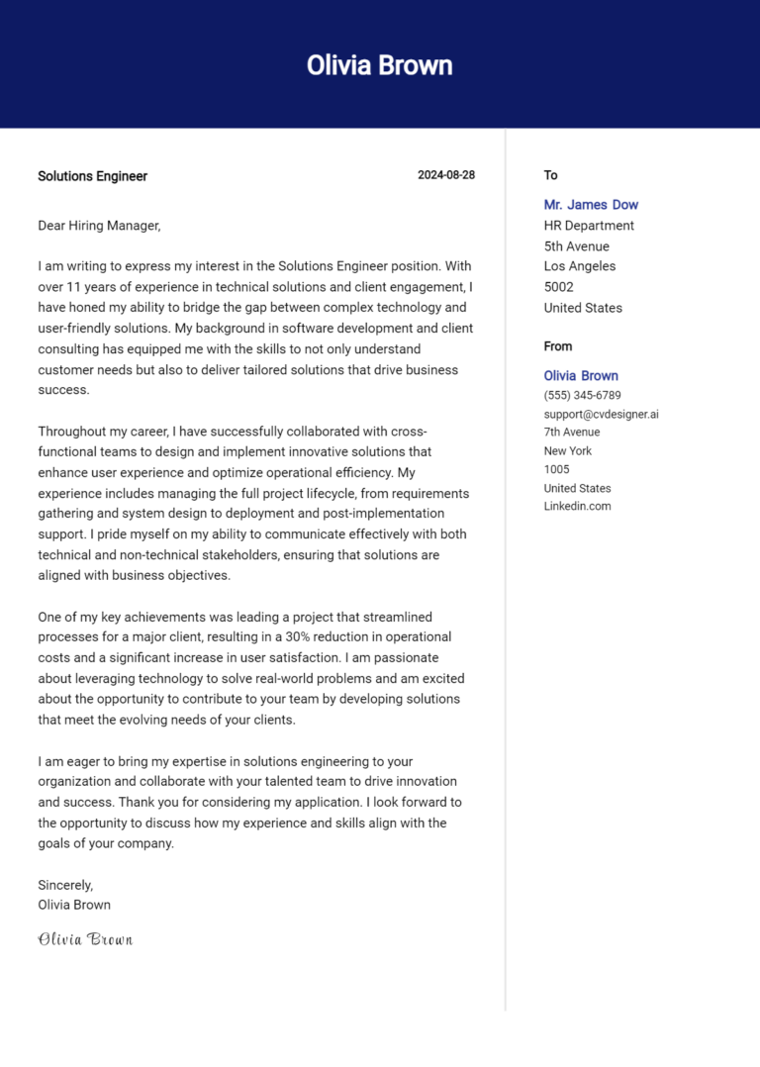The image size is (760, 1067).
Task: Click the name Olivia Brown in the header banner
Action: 379,65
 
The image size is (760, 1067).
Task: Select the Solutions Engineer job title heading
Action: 92,176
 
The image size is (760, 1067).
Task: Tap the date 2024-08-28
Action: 445,175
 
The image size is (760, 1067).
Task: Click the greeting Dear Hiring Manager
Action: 99,226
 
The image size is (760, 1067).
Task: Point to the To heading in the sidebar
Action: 550,175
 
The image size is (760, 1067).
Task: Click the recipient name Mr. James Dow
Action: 591,205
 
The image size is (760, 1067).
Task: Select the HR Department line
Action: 589,226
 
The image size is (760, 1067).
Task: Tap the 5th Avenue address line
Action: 576,246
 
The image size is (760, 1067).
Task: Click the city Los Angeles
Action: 579,266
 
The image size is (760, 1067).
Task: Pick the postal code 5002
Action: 559,287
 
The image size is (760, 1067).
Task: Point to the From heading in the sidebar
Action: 558,346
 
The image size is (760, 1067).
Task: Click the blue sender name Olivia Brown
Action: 581,376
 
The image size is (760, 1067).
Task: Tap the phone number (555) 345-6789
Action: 582,395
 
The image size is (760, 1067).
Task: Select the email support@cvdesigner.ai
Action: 601,414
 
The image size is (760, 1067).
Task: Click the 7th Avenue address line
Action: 571,433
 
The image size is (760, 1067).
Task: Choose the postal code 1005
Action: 557,469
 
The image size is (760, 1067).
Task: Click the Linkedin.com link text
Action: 577,506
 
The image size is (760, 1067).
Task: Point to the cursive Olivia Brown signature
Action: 85,939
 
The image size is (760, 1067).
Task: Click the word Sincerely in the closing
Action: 65,885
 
